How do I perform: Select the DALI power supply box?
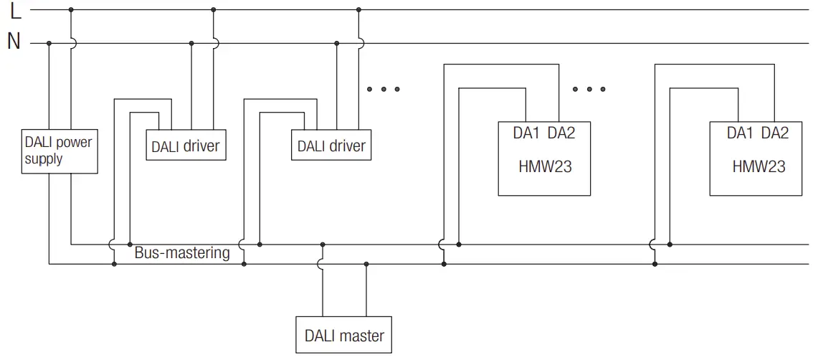59,151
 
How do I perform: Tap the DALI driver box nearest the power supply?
186,146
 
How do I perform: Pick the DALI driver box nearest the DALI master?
331,146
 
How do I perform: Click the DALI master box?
344,335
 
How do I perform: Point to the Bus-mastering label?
182,253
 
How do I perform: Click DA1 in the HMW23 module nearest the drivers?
526,133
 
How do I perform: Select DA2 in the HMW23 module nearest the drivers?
561,133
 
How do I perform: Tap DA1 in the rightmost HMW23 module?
741,133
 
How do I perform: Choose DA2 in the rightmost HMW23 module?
775,133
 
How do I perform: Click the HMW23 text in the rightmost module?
758,167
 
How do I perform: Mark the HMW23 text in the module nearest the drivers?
545,167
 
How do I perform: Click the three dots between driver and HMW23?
383,90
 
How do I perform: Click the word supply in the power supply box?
44,159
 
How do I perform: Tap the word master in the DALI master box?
362,336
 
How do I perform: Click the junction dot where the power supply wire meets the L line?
71,10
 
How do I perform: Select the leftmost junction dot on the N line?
49,43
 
